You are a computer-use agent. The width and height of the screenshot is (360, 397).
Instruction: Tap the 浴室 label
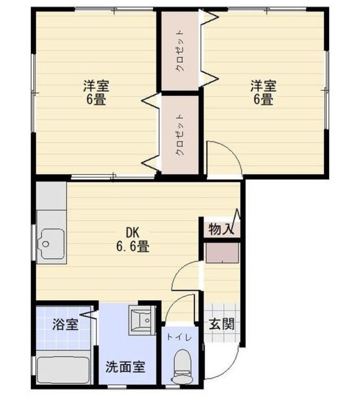(x=64, y=323)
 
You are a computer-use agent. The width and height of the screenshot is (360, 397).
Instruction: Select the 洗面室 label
(x=124, y=366)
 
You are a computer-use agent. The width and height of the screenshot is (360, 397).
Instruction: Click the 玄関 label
(x=220, y=323)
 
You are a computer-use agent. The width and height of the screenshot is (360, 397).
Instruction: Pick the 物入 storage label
(x=220, y=229)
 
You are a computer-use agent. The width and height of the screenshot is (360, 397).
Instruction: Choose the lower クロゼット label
(x=179, y=134)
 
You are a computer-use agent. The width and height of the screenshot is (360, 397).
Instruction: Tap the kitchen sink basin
(x=52, y=242)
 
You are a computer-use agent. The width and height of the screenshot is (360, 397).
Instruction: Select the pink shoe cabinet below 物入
(x=222, y=252)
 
